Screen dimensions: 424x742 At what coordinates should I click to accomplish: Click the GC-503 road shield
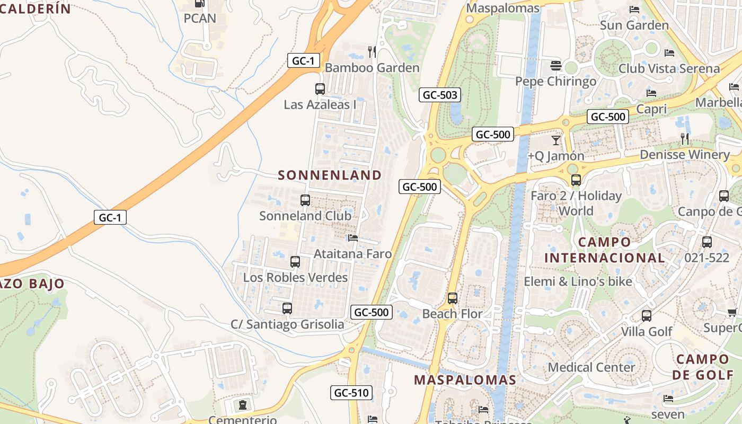click(439, 95)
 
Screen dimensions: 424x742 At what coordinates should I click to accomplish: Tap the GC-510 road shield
click(351, 393)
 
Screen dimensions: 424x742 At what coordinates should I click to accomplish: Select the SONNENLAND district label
click(330, 175)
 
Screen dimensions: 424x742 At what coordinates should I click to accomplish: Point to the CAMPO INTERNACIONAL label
click(605, 250)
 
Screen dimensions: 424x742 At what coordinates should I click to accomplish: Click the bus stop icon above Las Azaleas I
click(320, 89)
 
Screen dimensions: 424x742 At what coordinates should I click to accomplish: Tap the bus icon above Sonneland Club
click(305, 200)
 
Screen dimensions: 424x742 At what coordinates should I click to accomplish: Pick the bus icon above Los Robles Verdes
click(295, 262)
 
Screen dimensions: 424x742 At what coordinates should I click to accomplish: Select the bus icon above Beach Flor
click(452, 298)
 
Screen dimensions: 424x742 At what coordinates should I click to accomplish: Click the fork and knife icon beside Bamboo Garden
click(372, 51)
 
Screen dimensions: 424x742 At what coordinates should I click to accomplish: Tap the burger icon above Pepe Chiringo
click(555, 66)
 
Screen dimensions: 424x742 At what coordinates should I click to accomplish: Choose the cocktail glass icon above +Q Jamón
click(555, 140)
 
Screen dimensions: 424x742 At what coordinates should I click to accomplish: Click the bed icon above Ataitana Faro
click(353, 238)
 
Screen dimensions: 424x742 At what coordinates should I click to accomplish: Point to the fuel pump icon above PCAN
click(200, 3)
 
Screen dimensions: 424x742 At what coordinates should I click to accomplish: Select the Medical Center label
click(591, 367)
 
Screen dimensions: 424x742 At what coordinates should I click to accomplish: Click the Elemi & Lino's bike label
click(578, 281)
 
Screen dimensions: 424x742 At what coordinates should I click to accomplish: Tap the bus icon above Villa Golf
click(646, 316)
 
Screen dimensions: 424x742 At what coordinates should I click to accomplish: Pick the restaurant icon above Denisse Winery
click(685, 139)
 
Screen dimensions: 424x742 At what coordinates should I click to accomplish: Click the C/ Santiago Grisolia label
click(287, 324)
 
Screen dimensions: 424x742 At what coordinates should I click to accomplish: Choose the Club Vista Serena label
click(669, 68)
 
